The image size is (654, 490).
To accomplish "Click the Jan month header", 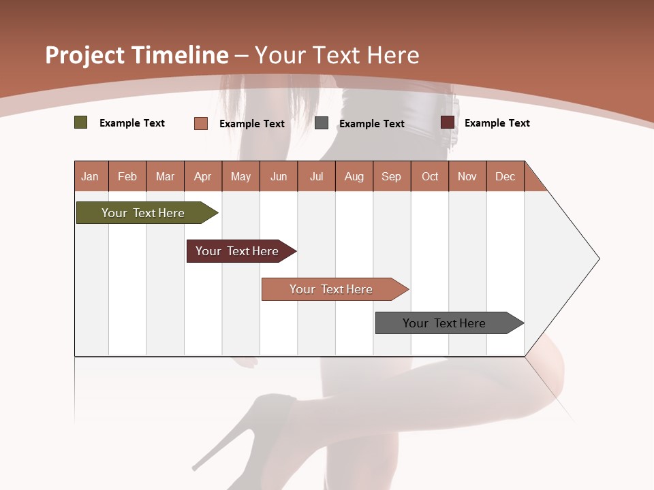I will (90, 176).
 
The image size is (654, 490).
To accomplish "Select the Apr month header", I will (202, 176).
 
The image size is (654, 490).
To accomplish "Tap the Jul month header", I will (316, 176).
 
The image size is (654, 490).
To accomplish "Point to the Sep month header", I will (391, 176).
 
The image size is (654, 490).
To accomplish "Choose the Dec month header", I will (505, 176).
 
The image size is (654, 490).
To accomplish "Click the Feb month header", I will (127, 176).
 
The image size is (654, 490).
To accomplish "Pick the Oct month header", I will (430, 176).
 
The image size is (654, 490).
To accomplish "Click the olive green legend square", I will (81, 122).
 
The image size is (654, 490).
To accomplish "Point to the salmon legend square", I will (201, 123).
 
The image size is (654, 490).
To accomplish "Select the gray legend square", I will (322, 123).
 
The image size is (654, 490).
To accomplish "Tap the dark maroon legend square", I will (448, 122).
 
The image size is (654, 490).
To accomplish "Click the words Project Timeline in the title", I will (136, 55).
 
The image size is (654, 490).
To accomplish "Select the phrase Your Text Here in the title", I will (337, 55).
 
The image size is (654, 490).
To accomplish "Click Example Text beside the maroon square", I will (497, 123).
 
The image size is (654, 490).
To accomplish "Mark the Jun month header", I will (278, 176).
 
